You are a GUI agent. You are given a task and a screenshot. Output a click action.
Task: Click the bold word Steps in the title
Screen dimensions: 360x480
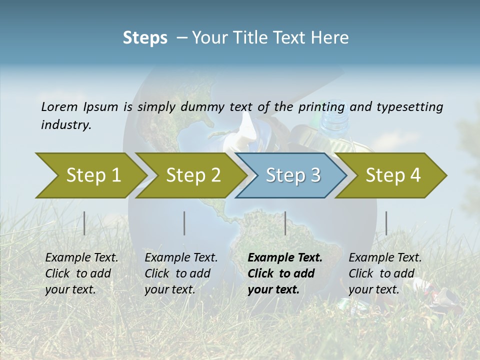tap(145, 37)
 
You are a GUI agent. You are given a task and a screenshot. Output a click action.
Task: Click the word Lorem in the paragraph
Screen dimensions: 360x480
tap(59, 106)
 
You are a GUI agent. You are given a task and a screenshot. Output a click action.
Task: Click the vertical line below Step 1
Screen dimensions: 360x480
tap(84, 223)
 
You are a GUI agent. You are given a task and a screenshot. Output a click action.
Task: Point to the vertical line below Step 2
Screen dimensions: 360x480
tap(184, 223)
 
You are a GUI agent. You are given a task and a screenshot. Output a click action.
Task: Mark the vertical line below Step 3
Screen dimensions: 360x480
tap(285, 223)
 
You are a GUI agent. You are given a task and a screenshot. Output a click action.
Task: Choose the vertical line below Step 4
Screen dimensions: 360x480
tap(386, 223)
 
